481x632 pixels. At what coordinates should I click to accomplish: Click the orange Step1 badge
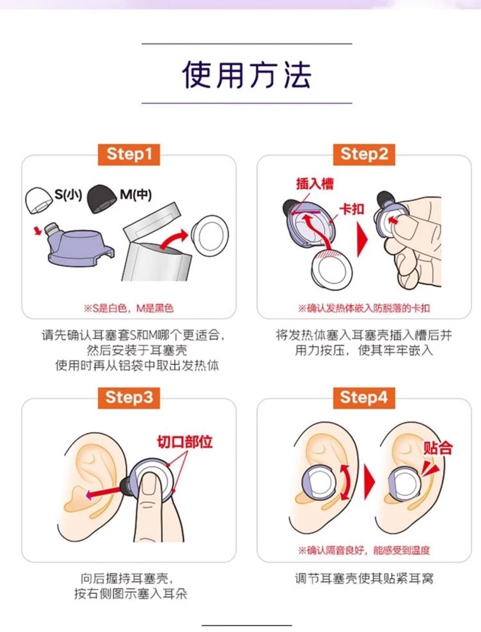129,155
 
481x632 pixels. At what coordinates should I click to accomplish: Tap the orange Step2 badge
364,155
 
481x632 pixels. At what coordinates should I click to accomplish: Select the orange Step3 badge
129,398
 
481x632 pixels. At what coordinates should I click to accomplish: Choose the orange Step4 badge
364,398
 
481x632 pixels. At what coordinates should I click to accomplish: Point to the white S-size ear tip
39,200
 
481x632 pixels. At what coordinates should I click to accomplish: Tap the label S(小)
68,195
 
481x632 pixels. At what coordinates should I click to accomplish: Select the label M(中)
135,195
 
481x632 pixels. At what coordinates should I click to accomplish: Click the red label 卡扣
352,209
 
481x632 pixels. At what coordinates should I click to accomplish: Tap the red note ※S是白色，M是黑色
129,309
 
